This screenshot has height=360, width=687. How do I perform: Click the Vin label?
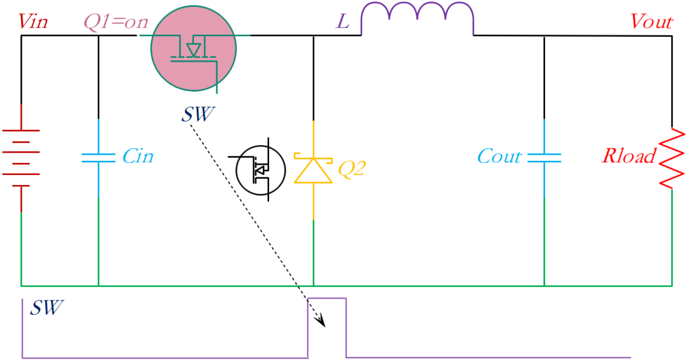[33, 22]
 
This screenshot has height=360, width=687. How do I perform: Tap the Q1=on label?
[116, 22]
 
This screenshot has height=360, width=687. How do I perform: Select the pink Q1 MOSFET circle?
[193, 48]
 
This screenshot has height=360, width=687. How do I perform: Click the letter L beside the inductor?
[343, 21]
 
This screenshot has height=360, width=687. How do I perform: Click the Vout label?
[651, 22]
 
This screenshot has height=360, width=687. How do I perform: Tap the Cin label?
[138, 156]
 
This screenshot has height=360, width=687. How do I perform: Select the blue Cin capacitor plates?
[99, 158]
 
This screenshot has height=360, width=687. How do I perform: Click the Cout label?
[499, 156]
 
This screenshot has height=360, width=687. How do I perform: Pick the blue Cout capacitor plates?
[544, 158]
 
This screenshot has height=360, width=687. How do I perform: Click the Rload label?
[629, 155]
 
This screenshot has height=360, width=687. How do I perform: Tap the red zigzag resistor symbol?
[672, 158]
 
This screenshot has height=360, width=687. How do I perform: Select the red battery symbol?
[21, 158]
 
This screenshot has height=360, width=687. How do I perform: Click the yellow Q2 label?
[351, 169]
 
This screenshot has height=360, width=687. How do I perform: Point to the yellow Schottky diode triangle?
[313, 170]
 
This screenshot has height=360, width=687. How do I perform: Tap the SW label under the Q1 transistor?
[198, 114]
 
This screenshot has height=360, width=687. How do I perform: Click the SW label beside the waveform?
[47, 308]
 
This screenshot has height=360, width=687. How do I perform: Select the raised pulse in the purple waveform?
[327, 299]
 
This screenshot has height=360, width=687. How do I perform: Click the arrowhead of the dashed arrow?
[321, 321]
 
